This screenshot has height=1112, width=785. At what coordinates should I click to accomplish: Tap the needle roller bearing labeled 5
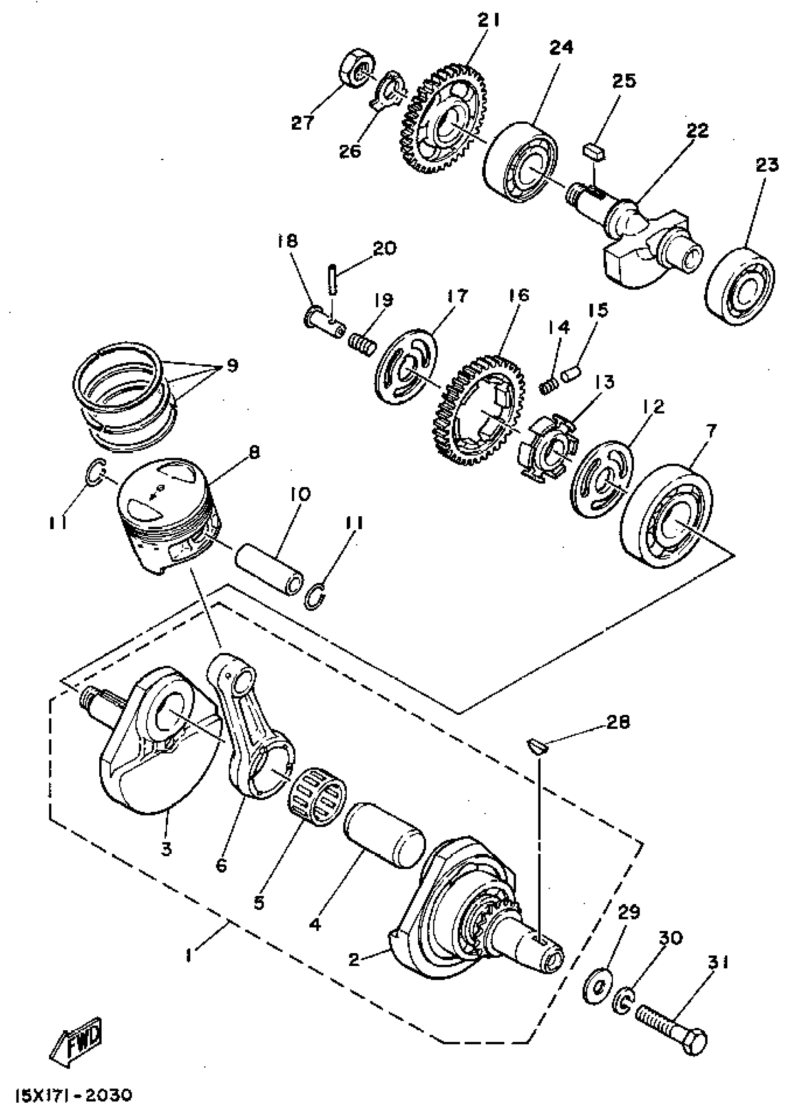317,794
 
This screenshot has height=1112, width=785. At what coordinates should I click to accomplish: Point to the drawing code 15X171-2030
73,1095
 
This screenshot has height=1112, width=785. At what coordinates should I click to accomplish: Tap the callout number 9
232,365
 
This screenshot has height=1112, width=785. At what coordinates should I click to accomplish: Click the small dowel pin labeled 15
570,375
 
